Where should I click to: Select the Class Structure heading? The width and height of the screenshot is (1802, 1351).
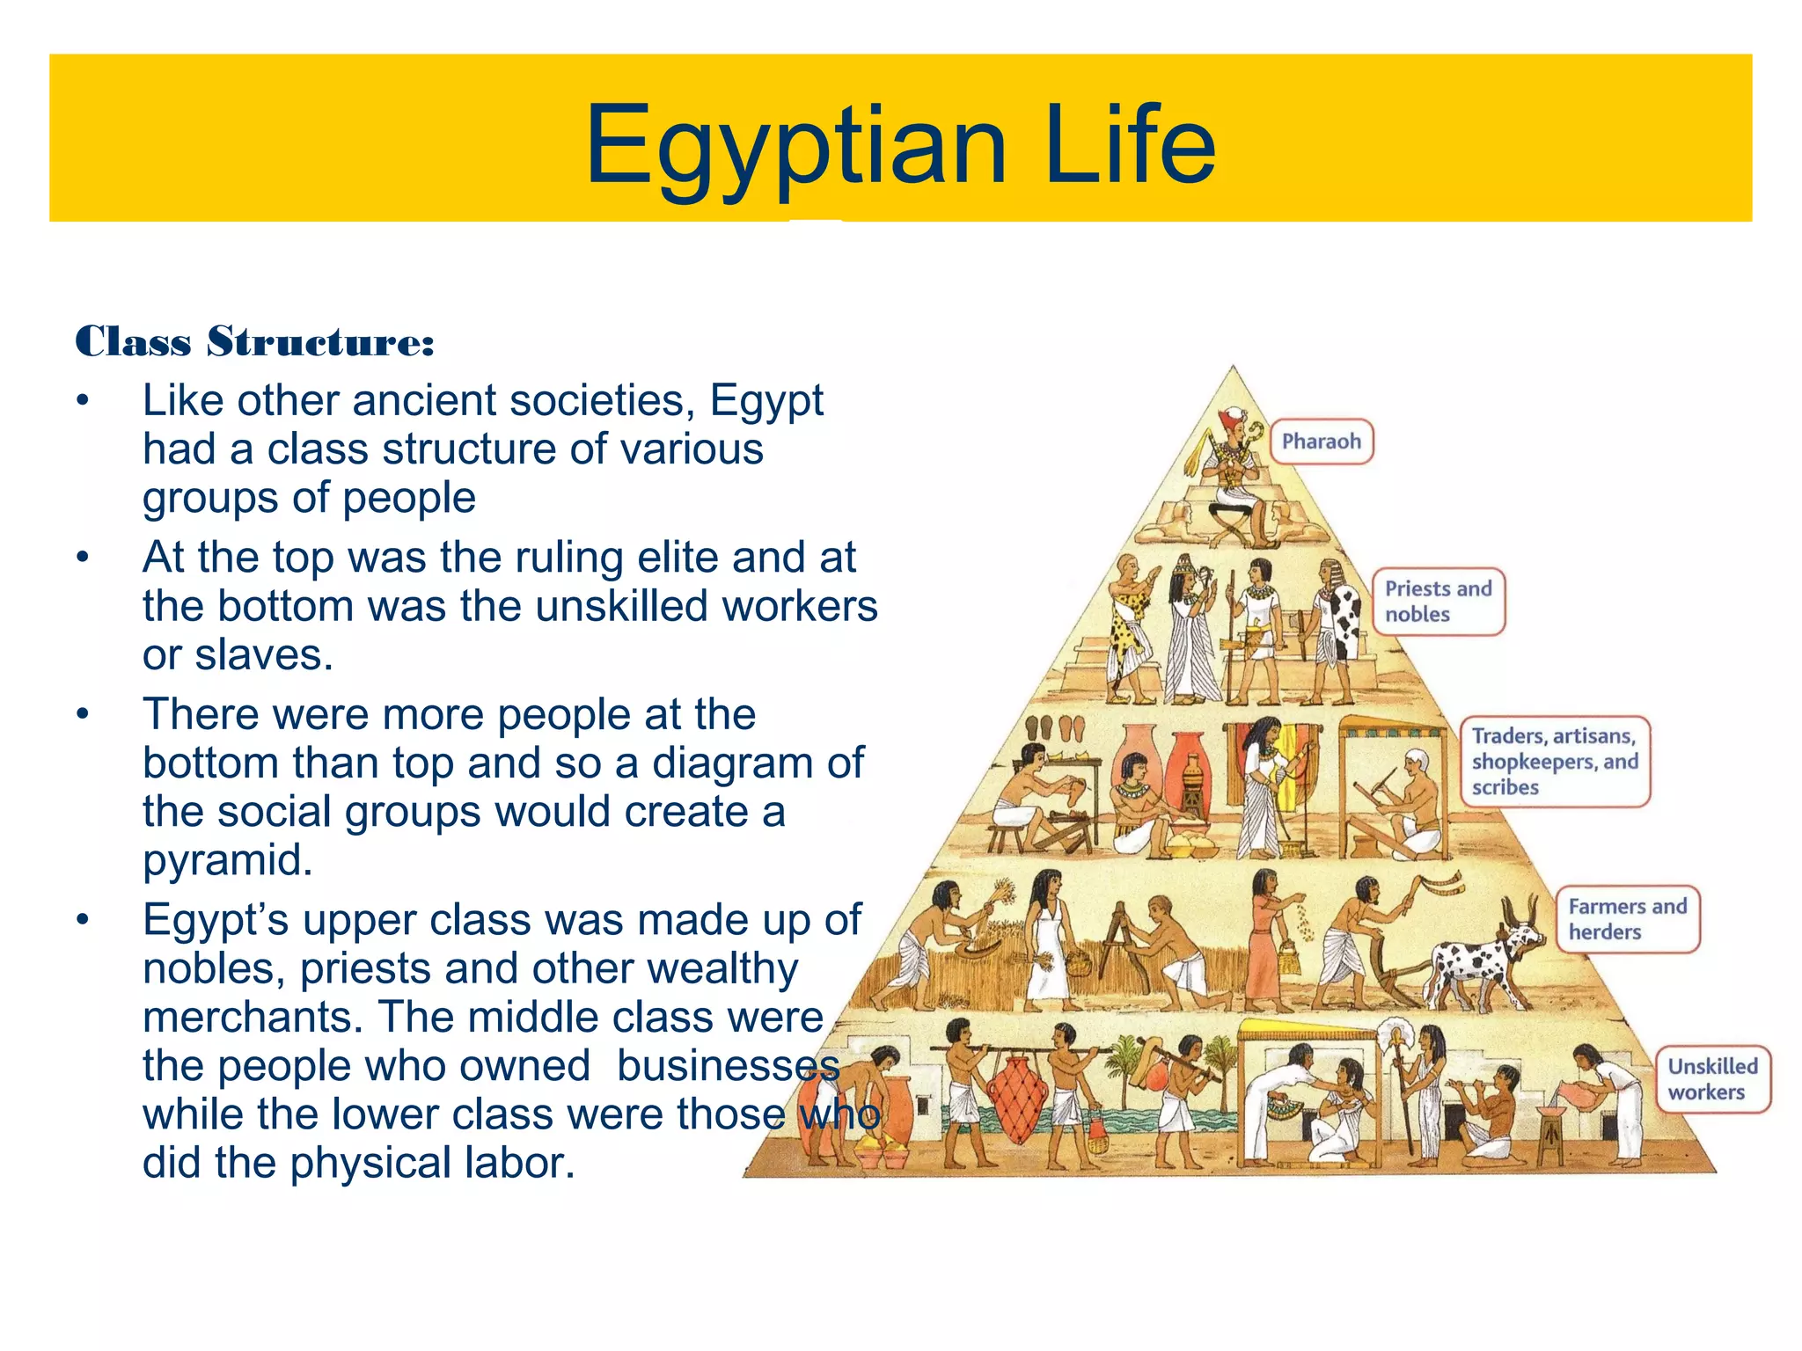coord(255,342)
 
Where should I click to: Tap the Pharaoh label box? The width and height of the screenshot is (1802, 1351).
coord(1321,442)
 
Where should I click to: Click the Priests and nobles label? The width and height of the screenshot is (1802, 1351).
coord(1438,602)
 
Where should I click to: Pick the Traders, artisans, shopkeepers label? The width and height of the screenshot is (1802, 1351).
coord(1554,762)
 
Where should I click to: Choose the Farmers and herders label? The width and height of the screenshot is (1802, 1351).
coord(1627,919)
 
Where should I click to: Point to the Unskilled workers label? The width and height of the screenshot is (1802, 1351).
coord(1711,1079)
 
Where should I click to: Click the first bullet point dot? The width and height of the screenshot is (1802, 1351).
coord(83,401)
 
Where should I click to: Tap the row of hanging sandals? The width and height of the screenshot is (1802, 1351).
coord(1055,729)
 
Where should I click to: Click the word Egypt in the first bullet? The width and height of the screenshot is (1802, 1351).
coord(766,402)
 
